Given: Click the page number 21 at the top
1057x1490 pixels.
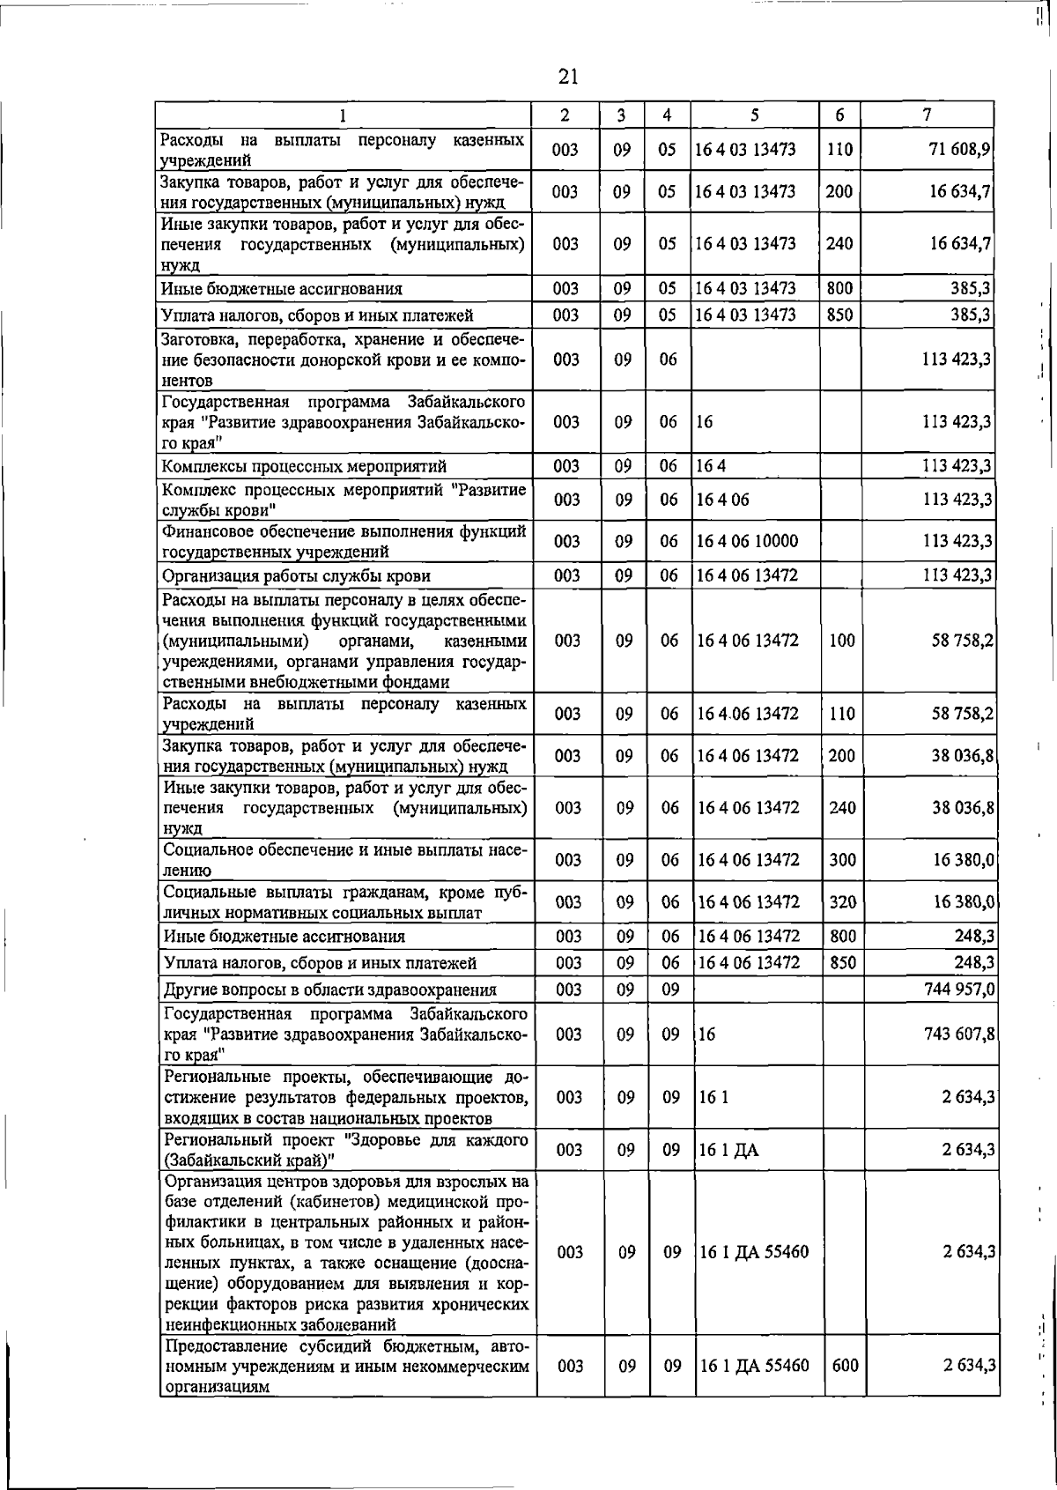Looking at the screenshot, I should point(567,77).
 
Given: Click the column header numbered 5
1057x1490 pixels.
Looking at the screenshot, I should point(755,115).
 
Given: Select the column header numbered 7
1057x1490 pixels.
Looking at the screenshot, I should point(926,115).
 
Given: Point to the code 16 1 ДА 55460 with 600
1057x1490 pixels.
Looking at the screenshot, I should point(754,1366).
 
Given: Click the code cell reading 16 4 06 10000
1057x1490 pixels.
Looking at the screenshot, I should point(747,541).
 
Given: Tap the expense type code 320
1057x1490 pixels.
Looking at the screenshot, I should point(842,901).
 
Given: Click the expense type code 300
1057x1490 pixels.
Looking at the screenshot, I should point(842,859).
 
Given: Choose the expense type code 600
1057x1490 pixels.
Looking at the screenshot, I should point(845,1366).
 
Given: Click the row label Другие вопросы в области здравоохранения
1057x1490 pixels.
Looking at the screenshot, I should point(329,990).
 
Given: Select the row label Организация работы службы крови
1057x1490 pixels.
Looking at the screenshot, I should point(297,576).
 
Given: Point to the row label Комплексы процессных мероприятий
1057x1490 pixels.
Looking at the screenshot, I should point(304,466).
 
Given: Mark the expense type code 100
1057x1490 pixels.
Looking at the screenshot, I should point(842,641).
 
